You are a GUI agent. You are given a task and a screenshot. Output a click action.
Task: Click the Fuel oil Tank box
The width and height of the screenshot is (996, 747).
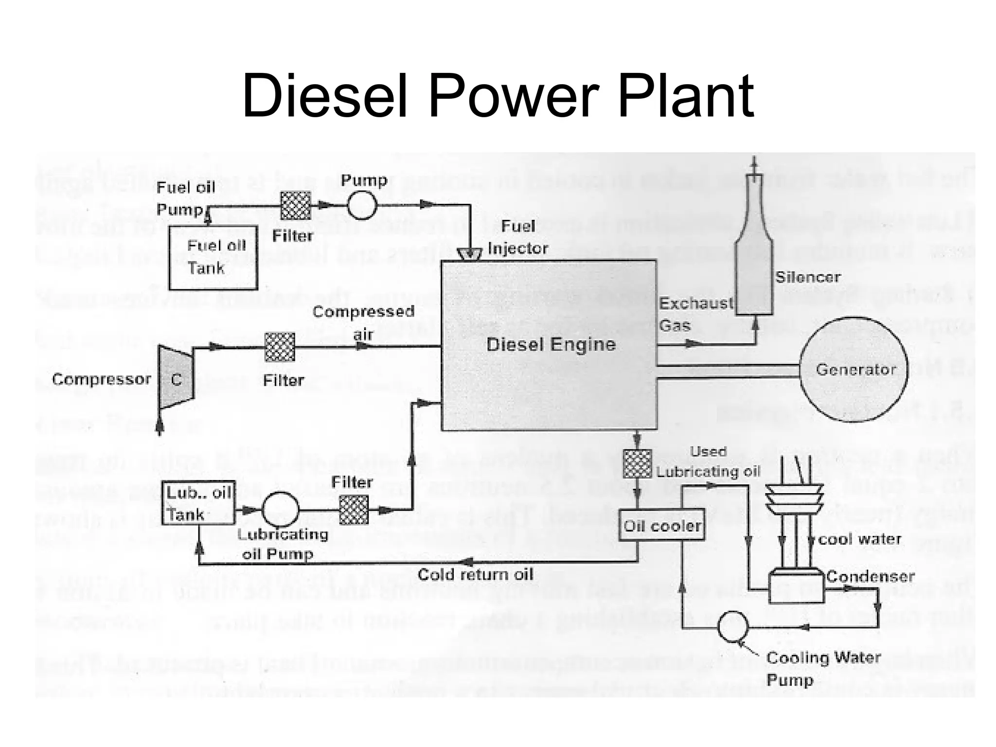point(213,257)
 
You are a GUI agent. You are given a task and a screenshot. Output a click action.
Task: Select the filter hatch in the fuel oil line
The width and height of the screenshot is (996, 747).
point(296,206)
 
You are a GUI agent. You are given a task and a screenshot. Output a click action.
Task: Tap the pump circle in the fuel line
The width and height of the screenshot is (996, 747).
point(362,205)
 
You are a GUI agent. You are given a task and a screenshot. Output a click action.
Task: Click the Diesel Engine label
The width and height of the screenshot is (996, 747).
point(551,344)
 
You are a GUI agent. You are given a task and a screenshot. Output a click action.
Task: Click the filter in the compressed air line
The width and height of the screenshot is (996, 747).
point(280,347)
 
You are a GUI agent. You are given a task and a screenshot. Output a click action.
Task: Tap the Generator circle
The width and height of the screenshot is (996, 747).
point(854,369)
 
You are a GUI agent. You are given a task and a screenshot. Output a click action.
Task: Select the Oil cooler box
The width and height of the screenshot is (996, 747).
point(662,525)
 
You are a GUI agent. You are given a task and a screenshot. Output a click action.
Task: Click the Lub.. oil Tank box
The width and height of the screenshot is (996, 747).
point(198,503)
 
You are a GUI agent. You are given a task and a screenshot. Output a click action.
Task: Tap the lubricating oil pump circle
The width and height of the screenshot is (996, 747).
point(281,510)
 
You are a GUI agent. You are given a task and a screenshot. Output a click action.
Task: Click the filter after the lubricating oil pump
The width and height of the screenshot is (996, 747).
point(354,510)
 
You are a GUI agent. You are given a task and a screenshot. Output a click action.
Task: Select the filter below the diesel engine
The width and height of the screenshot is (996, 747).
point(637,463)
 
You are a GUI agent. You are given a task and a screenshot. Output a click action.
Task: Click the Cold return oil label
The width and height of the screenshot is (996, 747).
point(475,574)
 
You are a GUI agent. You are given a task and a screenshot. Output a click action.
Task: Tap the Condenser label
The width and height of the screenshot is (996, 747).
point(870,576)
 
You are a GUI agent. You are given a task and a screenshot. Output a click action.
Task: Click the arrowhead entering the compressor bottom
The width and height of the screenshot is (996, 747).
point(160,426)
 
